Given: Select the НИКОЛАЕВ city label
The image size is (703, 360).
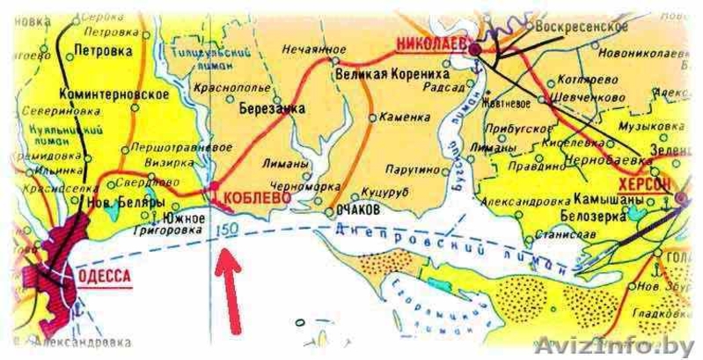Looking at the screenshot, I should (x=424, y=41).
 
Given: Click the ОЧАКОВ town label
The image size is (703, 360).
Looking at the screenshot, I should (x=358, y=212).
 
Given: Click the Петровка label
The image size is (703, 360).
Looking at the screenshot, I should (x=101, y=52).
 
